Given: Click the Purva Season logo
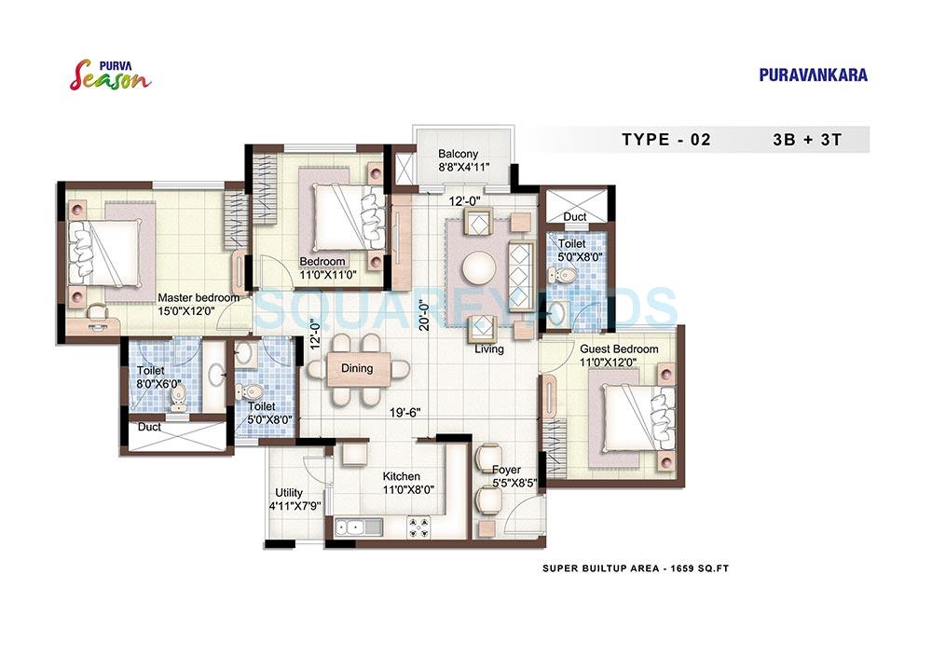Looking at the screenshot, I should [x=110, y=74].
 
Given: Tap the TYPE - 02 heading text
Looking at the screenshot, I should [x=665, y=140].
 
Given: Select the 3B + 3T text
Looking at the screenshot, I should [x=807, y=140].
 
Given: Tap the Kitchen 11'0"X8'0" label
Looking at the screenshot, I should [x=402, y=482].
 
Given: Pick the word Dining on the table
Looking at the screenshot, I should [x=357, y=368].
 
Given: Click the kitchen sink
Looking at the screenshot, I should [x=353, y=528].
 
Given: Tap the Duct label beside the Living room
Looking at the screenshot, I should [x=574, y=217].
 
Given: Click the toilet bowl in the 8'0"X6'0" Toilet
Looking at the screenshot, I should [x=178, y=398].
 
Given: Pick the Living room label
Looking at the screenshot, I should [x=488, y=349].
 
